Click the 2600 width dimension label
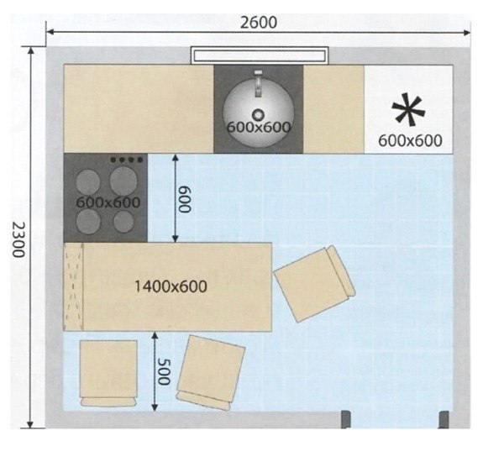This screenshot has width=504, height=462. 259,23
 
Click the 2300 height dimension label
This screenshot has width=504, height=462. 18,239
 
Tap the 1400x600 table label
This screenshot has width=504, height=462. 171,286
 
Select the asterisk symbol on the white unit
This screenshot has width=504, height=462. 408,109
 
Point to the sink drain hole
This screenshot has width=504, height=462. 258,114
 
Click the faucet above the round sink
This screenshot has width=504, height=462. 258,83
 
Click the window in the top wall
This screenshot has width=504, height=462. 260,55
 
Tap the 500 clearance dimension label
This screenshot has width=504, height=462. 164,372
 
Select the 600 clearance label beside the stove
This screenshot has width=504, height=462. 185,199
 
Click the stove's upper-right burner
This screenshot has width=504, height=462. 123,181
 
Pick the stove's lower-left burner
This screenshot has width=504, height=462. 88,222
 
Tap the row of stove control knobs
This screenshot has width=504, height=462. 126,160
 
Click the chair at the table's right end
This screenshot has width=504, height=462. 314,284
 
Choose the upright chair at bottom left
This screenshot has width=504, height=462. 108,373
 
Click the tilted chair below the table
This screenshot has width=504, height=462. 211,372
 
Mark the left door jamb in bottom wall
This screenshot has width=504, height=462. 346,419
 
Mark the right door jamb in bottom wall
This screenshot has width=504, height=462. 444,419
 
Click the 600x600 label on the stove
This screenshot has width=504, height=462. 108,202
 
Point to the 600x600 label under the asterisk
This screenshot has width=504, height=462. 410,141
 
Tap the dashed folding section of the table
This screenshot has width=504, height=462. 74,286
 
